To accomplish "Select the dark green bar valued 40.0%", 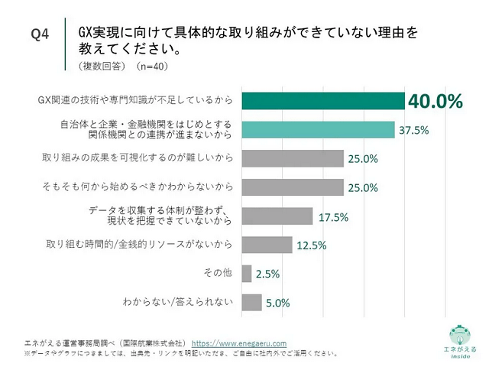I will [x=322, y=102].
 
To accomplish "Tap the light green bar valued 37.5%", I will [x=318, y=130].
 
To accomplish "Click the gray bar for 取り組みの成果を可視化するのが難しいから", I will [x=293, y=158].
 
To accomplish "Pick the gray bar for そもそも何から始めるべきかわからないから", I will [x=293, y=187].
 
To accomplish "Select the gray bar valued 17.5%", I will [x=277, y=216].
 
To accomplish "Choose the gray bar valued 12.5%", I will [x=267, y=245].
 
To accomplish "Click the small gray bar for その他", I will [x=246, y=273].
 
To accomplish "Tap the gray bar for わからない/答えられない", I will [x=251, y=302].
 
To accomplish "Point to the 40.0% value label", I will [x=436, y=102].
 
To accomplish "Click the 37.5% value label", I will [x=416, y=130].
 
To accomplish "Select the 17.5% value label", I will [x=333, y=216].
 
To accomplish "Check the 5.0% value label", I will [x=278, y=302].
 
